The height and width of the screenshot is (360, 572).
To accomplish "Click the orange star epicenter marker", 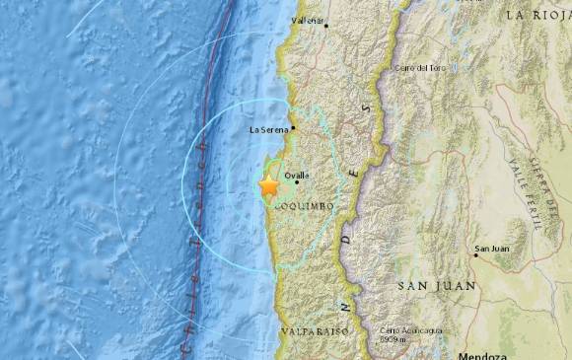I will coord(267,184).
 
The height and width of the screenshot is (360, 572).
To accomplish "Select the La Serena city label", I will coord(268,129).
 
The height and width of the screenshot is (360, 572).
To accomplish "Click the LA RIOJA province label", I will coord(538,16).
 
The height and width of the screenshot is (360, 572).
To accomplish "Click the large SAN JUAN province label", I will coord(437,286).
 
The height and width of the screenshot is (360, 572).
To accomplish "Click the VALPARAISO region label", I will coord(310,332).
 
